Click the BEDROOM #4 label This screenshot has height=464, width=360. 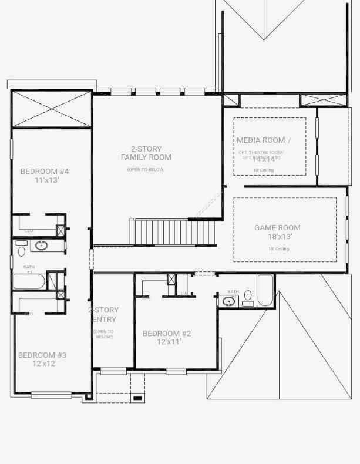click(45, 172)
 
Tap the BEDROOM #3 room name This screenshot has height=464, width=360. click(42, 355)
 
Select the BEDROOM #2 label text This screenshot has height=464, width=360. click(167, 334)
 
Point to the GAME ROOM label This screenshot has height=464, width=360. click(277, 228)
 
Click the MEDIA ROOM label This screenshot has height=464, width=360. click(264, 140)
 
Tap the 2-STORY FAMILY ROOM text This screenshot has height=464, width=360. click(146, 153)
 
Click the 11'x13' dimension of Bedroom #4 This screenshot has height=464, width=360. click(47, 180)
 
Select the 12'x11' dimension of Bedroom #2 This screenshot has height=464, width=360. click(169, 342)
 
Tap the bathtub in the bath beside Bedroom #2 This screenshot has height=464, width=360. click(265, 291)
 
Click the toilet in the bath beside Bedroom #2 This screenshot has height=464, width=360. click(248, 295)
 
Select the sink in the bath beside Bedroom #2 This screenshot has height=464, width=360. click(228, 302)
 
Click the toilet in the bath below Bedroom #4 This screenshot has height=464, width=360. click(22, 251)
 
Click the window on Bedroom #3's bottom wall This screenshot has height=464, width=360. click(51, 395)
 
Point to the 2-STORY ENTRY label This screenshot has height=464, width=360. click(105, 315)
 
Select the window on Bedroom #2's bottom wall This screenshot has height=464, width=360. click(176, 371)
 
